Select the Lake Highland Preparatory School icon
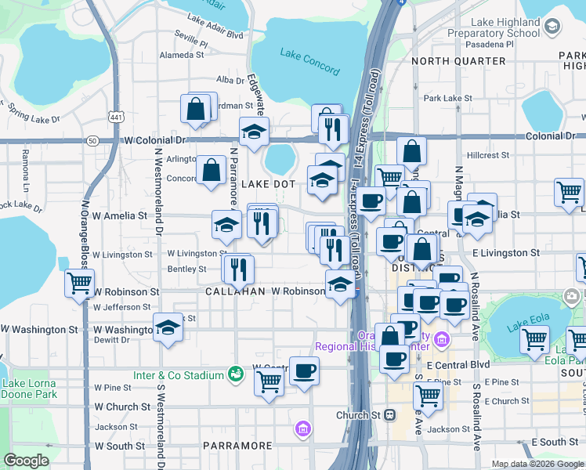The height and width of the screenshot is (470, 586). point(552,27)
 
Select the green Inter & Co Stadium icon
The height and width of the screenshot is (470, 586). point(233,375)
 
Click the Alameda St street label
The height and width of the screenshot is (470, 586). point(181,56)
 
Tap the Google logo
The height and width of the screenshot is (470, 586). point(27,460)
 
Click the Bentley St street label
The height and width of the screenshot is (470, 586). point(187,269)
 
